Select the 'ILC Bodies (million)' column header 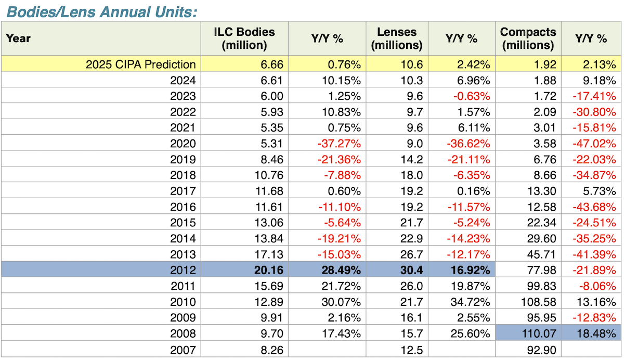[x=244, y=38]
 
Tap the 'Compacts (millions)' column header [x=528, y=38]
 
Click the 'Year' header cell [x=18, y=38]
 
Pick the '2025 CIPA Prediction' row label [x=141, y=65]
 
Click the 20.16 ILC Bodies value [x=270, y=270]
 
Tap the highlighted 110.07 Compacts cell [x=539, y=333]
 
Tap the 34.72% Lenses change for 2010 [x=469, y=302]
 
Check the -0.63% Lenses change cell [x=470, y=96]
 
